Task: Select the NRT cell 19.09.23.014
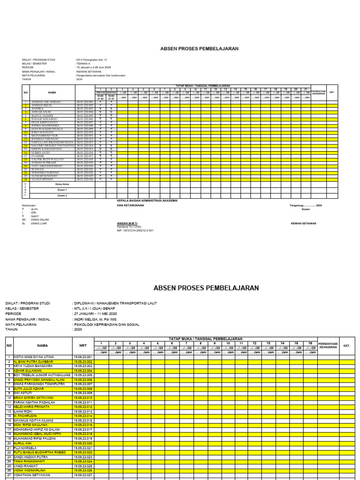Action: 83,403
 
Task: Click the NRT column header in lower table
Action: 83,345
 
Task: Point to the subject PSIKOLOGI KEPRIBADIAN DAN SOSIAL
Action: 106,324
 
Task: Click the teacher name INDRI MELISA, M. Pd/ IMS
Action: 96,319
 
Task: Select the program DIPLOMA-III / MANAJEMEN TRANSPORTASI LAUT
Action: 114,303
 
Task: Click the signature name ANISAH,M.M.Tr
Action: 127,224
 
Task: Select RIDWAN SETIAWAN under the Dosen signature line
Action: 303,224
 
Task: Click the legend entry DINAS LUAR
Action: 37,224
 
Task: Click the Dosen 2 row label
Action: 62,195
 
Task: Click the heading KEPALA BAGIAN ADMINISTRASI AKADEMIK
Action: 147,200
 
